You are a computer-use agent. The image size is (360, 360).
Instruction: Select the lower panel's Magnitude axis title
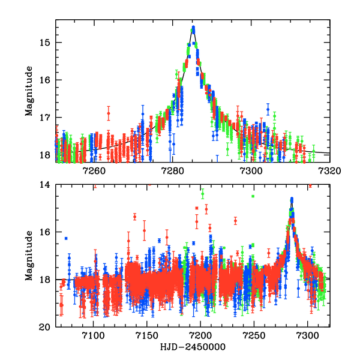coord(29,256)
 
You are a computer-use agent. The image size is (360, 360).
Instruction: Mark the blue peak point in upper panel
coord(193,28)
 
